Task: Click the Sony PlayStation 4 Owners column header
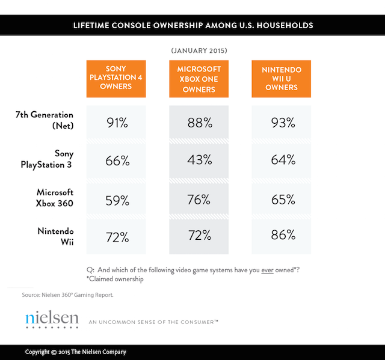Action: pyautogui.click(x=115, y=79)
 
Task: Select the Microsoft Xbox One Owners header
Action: pyautogui.click(x=199, y=79)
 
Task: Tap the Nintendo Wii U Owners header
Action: pyautogui.click(x=281, y=79)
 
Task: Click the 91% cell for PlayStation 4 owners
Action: pyautogui.click(x=115, y=123)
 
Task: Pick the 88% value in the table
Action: pyautogui.click(x=199, y=123)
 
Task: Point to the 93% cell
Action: pyautogui.click(x=282, y=123)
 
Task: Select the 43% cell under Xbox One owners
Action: pyautogui.click(x=199, y=161)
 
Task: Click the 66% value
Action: pyautogui.click(x=115, y=161)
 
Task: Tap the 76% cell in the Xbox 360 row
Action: pyautogui.click(x=199, y=199)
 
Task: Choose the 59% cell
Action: pyautogui.click(x=115, y=199)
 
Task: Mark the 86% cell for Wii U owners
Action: pyautogui.click(x=282, y=236)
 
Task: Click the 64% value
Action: pyautogui.click(x=282, y=161)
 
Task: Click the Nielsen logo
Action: pyautogui.click(x=52, y=319)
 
